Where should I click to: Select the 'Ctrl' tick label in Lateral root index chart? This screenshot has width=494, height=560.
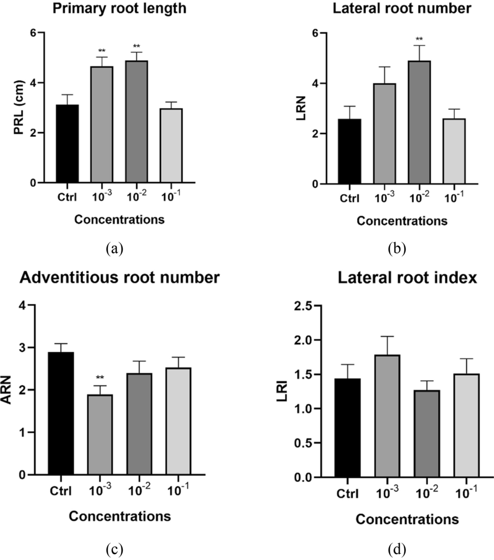348,494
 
